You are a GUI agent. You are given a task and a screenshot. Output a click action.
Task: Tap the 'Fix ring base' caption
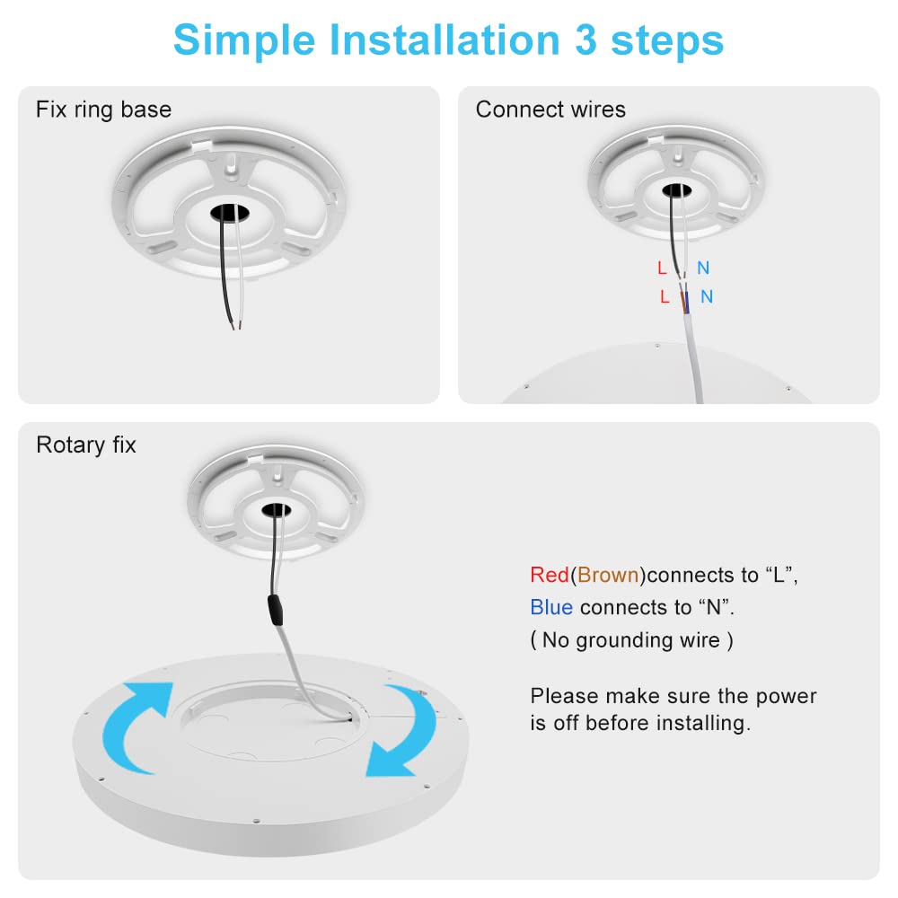click(103, 110)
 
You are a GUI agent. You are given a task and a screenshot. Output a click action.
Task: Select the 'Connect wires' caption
click(550, 110)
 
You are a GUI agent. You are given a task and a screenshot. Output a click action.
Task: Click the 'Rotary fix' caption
click(86, 445)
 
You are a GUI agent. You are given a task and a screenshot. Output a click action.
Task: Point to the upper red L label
click(662, 268)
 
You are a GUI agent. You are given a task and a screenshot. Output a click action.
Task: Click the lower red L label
click(665, 296)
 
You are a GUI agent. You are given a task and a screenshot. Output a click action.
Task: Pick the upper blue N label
click(703, 268)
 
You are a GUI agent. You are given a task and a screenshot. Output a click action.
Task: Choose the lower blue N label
click(707, 296)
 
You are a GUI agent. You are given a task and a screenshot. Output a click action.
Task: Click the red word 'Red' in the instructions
click(549, 575)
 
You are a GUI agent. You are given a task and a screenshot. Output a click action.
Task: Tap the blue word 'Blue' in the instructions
click(551, 608)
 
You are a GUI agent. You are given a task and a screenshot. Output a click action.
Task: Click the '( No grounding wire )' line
click(631, 640)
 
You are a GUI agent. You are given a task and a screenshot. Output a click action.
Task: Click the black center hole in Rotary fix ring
click(275, 512)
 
